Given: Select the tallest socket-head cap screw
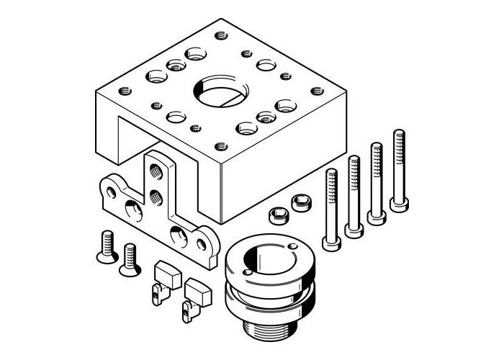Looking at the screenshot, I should [398, 170].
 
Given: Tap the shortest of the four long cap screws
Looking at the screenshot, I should [331, 210].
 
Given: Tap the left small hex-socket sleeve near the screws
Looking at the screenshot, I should [275, 215].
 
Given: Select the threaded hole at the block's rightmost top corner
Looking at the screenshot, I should [315, 91].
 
